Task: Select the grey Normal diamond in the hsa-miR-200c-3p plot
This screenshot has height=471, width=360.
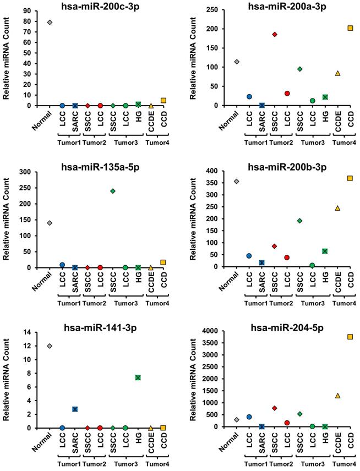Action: tap(50, 23)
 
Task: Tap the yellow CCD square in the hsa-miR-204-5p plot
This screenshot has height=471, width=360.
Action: tap(350, 337)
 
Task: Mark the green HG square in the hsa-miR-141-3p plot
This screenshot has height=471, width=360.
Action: tap(138, 377)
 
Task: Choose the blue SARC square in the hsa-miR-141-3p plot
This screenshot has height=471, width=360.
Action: tap(75, 409)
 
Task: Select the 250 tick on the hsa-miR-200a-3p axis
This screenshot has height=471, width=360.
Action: tap(220, 9)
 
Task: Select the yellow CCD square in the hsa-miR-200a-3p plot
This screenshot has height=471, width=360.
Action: tap(350, 28)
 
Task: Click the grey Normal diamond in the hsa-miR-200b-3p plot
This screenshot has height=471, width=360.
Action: tap(237, 181)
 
